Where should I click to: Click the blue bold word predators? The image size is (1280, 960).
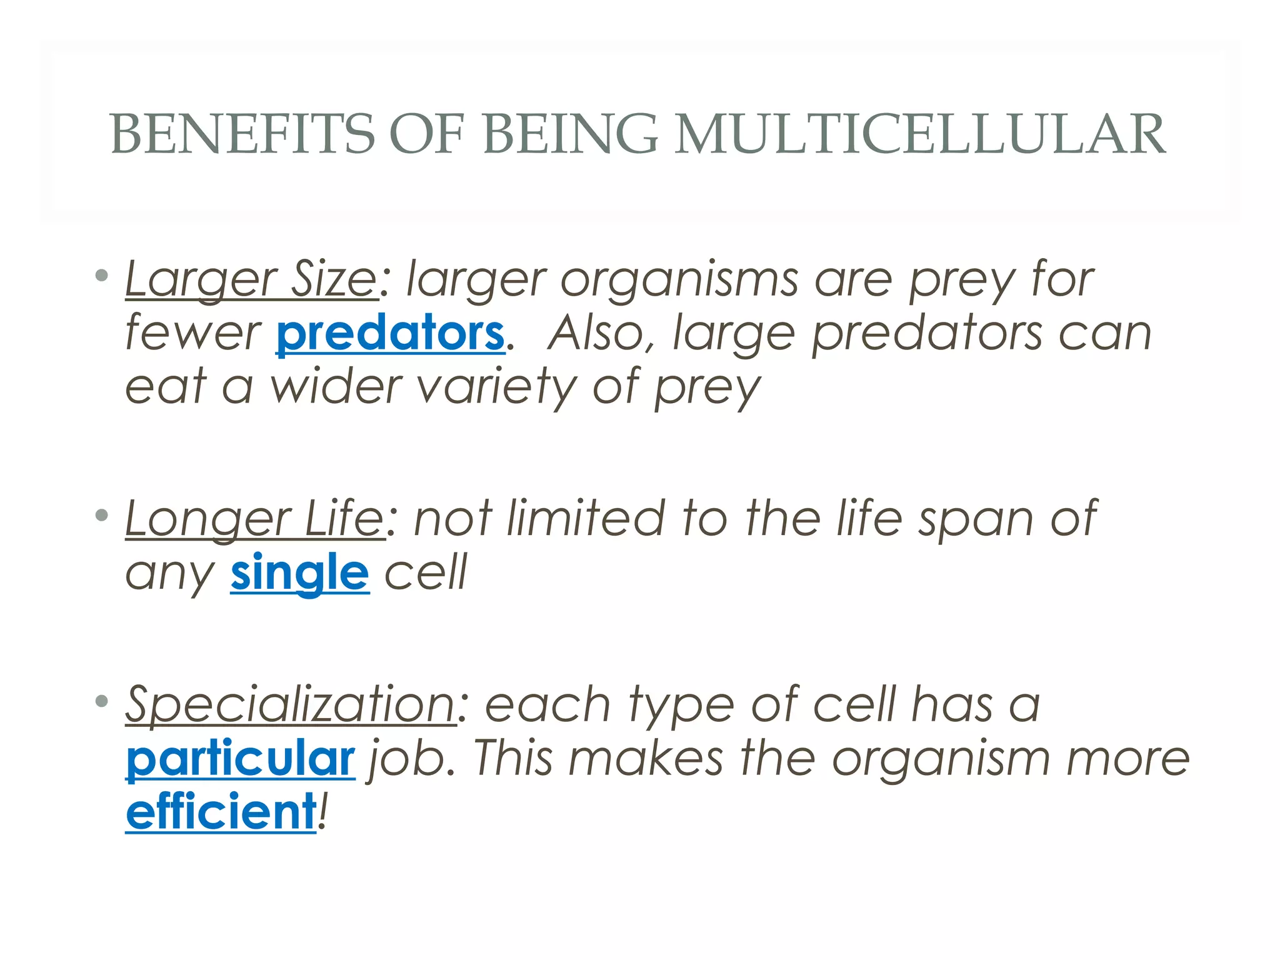[x=390, y=332]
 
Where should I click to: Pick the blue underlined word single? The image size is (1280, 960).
[x=299, y=572]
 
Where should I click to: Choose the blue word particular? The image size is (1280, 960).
[x=241, y=758]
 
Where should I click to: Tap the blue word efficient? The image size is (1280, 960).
[x=221, y=811]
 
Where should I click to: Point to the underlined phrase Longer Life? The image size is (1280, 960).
[x=255, y=519]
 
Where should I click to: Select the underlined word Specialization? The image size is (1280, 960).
[x=291, y=704]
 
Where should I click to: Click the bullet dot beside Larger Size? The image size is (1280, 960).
[x=102, y=275]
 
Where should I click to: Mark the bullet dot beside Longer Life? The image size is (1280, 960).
[x=102, y=515]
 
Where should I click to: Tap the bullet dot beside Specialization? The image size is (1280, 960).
[x=102, y=701]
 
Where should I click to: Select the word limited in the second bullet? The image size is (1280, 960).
[x=586, y=519]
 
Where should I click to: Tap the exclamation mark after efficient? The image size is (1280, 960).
[x=322, y=811]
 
